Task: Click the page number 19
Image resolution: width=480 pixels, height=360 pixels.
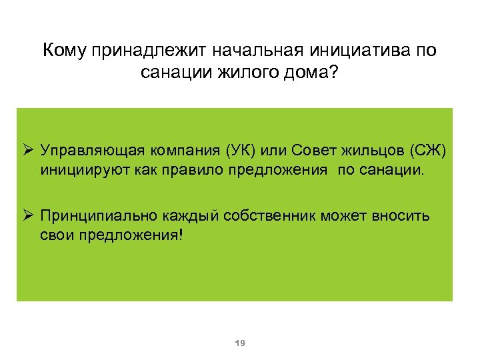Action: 241,343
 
